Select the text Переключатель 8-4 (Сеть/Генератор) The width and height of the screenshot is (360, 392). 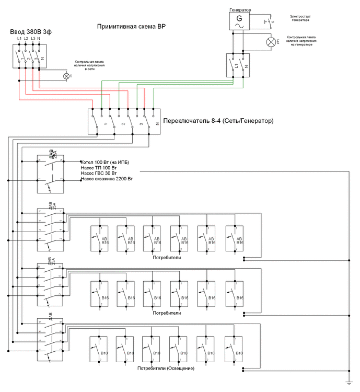[218, 121]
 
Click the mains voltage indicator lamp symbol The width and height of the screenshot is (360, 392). [66, 76]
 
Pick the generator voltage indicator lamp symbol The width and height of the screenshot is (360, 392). [271, 41]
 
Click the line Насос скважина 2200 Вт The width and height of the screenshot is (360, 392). [107, 179]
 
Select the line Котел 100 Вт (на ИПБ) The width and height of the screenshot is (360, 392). [105, 163]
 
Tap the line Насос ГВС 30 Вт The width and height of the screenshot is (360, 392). [99, 174]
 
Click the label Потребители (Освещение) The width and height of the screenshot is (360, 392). [166, 369]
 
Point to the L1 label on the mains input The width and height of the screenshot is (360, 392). [19, 39]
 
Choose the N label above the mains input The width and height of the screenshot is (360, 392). [39, 39]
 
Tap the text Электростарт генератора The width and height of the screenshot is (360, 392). [304, 18]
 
